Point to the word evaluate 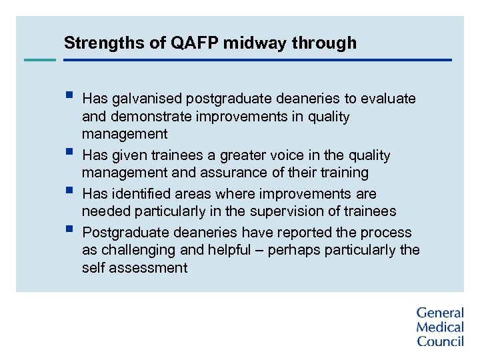(x=388, y=99)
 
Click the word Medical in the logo (x=440, y=327)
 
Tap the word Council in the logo (x=441, y=341)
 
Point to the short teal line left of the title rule (x=40, y=60)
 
